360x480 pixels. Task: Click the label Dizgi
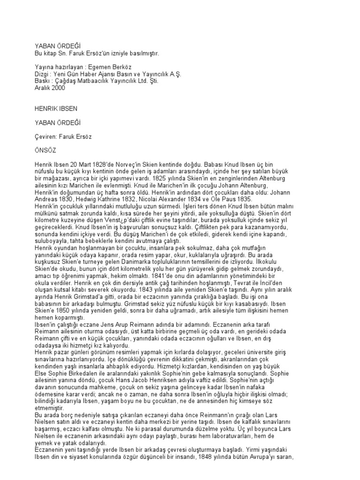point(43,74)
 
